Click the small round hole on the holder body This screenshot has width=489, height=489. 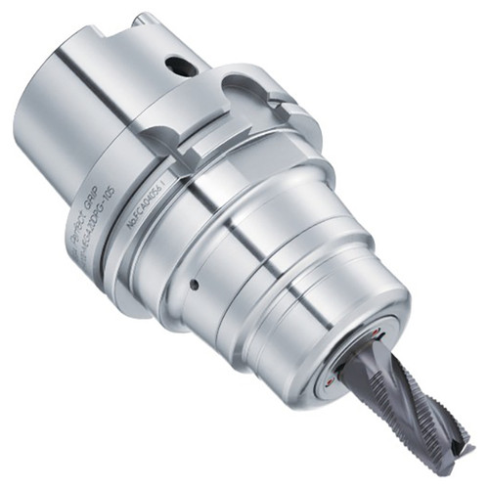click(x=195, y=287)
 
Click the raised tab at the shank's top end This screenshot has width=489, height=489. click(x=144, y=21)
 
